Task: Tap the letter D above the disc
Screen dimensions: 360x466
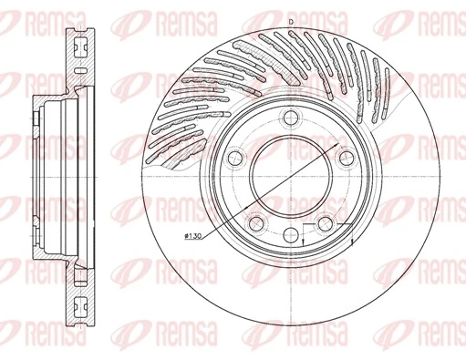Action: tap(290, 20)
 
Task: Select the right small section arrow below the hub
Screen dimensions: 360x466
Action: tap(352, 243)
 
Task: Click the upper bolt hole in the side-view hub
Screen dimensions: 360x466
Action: tap(38, 118)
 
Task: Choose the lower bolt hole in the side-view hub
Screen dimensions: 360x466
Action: tap(38, 242)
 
